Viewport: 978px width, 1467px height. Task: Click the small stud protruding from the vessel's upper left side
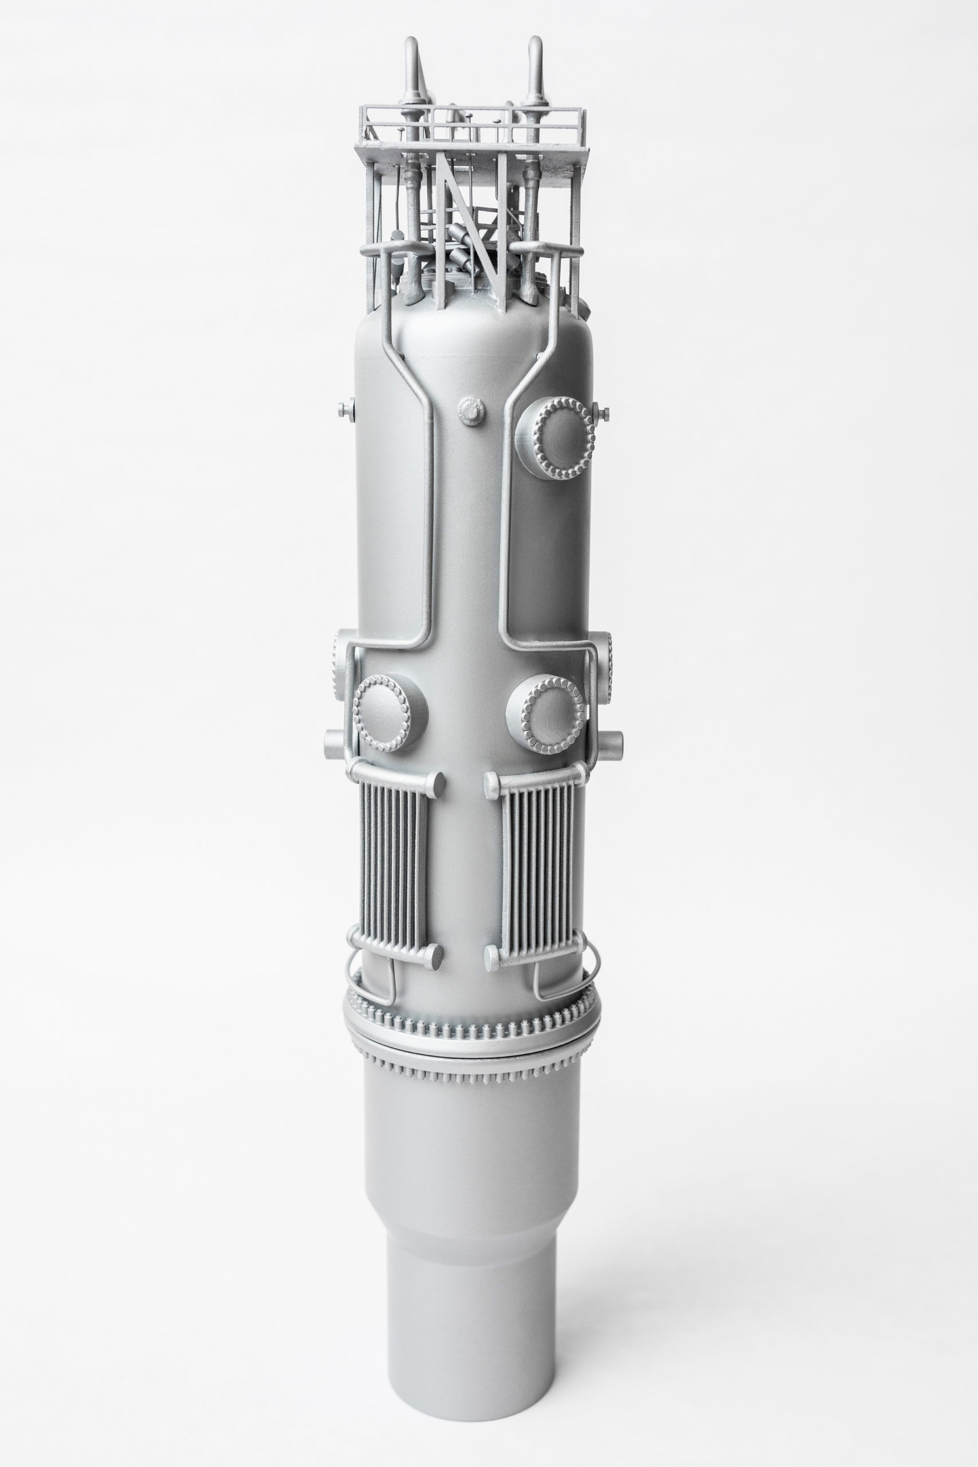344,410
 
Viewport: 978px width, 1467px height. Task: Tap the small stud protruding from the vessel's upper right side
603,411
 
